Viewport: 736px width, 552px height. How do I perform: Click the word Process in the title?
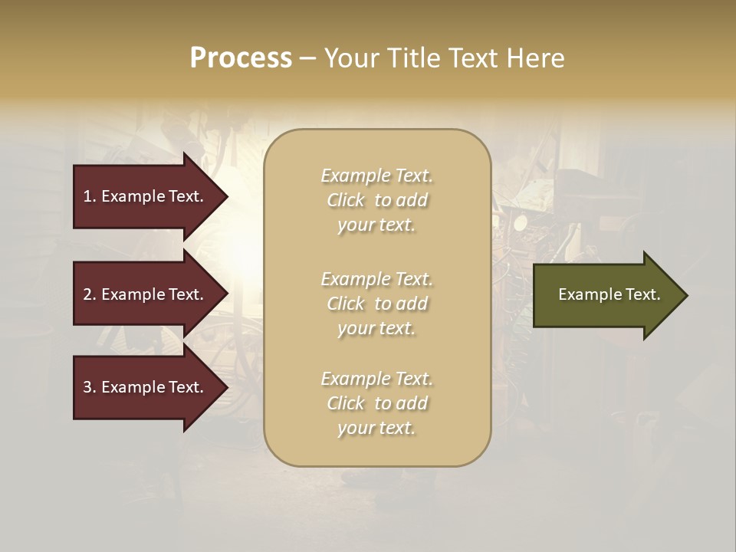241,58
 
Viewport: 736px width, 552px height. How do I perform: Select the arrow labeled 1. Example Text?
146,196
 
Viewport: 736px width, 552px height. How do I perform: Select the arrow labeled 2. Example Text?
146,294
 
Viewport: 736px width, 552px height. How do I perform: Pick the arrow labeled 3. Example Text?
146,387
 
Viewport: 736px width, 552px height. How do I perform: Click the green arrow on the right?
606,295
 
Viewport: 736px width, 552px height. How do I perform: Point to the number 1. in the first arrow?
90,196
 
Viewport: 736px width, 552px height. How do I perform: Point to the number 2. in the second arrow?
90,294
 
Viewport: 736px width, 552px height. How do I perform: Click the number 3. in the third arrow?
90,387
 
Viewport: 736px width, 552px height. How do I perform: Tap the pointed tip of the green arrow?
685,295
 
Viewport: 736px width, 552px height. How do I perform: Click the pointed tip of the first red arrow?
226,196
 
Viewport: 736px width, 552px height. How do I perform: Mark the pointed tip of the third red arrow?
226,387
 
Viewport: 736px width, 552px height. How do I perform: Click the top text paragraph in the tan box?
377,200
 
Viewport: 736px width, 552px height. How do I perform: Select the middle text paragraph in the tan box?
377,304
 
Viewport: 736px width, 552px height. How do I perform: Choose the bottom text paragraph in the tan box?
377,403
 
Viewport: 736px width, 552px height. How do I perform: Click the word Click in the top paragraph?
346,200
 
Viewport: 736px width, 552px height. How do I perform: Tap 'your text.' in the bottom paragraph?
376,429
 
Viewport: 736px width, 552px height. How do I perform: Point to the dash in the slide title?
307,59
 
